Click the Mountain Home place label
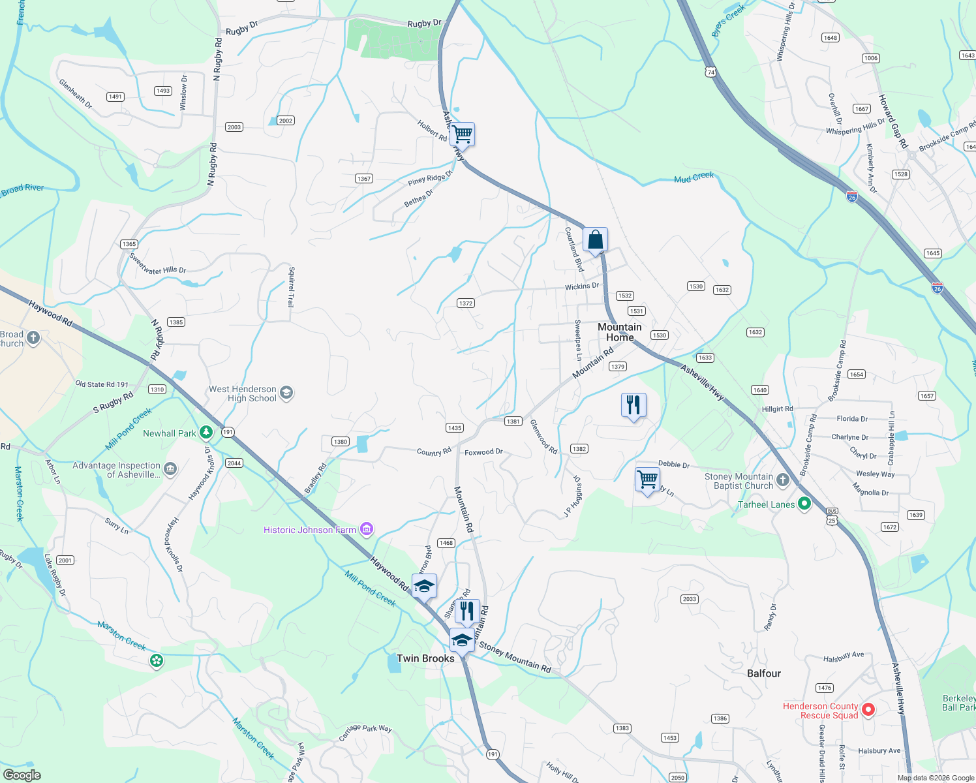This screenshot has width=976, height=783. point(619,332)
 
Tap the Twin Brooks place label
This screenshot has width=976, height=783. point(425,658)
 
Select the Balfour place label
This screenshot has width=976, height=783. point(763,673)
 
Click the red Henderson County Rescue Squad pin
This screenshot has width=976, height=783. point(868,709)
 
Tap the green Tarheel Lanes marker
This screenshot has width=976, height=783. point(804,504)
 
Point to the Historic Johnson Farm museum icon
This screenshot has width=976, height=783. point(367,529)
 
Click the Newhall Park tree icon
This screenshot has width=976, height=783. point(206,432)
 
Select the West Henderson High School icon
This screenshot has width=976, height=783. point(286,393)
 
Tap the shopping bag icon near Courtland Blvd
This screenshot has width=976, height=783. point(595,240)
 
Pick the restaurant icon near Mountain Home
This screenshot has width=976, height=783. point(633,405)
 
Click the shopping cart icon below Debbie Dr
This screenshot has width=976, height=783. point(647,480)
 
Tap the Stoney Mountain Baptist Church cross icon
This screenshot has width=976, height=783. point(783,481)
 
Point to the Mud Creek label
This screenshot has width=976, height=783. point(694,177)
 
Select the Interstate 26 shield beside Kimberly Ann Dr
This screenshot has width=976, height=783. point(851,196)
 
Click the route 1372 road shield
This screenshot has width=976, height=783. point(465,303)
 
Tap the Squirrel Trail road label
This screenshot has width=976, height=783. point(291,287)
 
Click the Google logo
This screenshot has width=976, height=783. point(22,775)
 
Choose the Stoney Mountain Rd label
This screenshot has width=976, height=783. point(515,657)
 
